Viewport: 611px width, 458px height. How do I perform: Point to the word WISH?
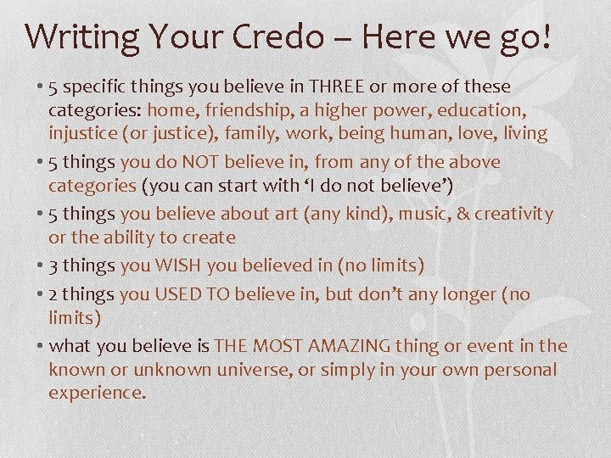pos(177,265)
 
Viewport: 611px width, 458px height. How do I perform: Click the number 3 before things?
pos(53,265)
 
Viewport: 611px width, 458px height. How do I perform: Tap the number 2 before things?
pos(53,294)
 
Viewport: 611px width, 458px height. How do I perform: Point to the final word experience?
pos(97,393)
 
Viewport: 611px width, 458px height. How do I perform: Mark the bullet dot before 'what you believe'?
pos(41,346)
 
